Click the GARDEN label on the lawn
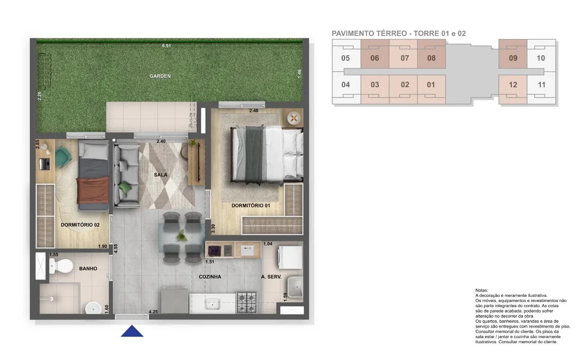pyautogui.click(x=160, y=76)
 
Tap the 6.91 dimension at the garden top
pyautogui.click(x=166, y=46)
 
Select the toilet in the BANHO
pyautogui.click(x=61, y=266)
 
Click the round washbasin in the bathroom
pyautogui.click(x=93, y=308)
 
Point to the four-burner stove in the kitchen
pyautogui.click(x=247, y=303)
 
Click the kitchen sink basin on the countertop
pyautogui.click(x=212, y=304)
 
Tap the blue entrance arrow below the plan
pyautogui.click(x=132, y=331)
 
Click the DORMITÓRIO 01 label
pyautogui.click(x=251, y=206)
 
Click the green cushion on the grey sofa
pyautogui.click(x=126, y=187)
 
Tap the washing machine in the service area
pyautogui.click(x=290, y=258)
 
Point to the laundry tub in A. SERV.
pyautogui.click(x=295, y=287)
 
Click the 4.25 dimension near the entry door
pyautogui.click(x=153, y=312)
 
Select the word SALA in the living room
pyautogui.click(x=160, y=175)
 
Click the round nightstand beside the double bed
pyautogui.click(x=294, y=118)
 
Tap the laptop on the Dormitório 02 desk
pyautogui.click(x=44, y=164)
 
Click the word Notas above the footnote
pyautogui.click(x=482, y=290)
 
